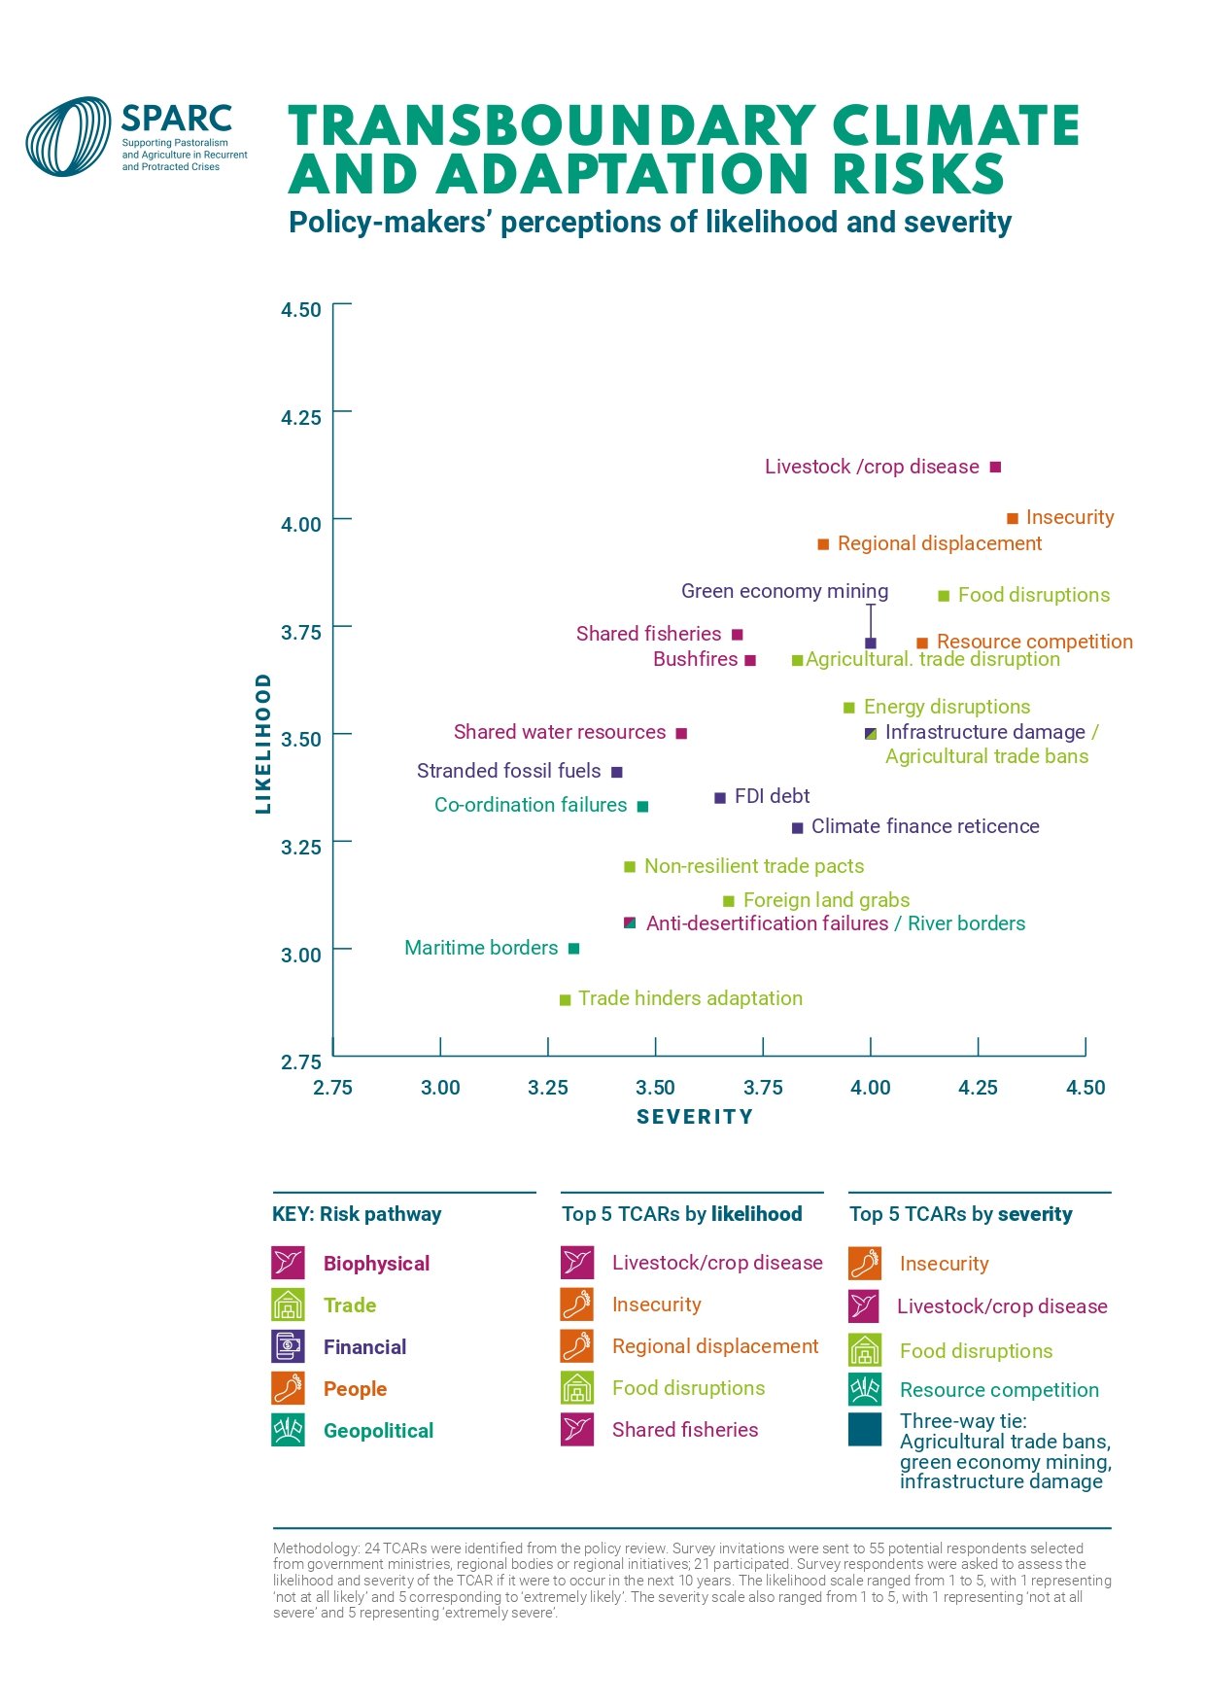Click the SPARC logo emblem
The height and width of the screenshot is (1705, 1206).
68,136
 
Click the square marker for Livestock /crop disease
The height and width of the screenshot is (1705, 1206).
995,467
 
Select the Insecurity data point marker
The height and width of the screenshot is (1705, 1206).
1012,518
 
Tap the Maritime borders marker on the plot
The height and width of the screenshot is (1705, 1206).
573,948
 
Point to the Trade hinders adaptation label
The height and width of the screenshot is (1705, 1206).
690,998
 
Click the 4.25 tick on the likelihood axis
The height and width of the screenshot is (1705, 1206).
300,417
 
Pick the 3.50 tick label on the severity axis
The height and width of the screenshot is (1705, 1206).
655,1087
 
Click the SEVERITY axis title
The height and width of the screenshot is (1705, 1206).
695,1117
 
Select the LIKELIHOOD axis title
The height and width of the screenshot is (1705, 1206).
262,743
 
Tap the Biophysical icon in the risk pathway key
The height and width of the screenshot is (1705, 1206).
289,1263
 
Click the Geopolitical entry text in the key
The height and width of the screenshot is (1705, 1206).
378,1430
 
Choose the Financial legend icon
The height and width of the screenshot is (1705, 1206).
289,1346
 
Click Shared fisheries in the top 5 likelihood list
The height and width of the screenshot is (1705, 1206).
684,1429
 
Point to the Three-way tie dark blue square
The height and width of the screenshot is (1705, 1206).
865,1429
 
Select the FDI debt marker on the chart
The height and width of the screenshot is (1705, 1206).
720,797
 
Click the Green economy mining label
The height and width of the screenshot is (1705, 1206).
784,591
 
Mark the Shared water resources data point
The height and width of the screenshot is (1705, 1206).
681,733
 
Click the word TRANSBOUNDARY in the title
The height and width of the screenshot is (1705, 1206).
551,126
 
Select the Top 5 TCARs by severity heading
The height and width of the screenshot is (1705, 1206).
960,1213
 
